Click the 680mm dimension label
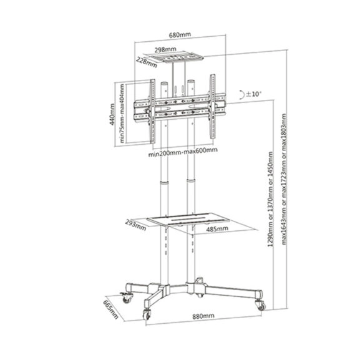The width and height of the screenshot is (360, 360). point(180,35)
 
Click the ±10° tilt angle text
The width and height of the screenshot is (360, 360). point(254,94)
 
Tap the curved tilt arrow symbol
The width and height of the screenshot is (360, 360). point(240,95)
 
